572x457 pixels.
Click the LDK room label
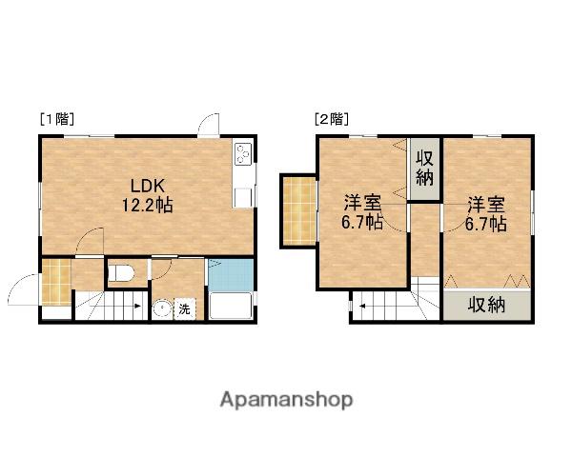(x=148, y=186)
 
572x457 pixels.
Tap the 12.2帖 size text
(x=147, y=206)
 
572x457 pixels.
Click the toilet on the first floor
(x=121, y=273)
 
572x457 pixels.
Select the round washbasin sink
(x=162, y=309)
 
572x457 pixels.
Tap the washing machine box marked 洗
(x=185, y=309)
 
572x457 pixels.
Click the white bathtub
(x=231, y=306)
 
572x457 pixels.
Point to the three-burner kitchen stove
(x=243, y=153)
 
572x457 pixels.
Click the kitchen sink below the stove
(x=243, y=197)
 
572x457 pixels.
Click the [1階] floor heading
(x=57, y=119)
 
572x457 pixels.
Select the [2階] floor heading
(x=332, y=119)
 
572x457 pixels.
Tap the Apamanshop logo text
(x=286, y=400)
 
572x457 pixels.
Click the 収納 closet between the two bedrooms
(x=424, y=169)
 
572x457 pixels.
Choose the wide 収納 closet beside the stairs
(x=487, y=305)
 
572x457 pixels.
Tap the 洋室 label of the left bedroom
(x=363, y=203)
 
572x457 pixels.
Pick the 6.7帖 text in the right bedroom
(x=485, y=223)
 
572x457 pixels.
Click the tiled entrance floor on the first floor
(x=56, y=281)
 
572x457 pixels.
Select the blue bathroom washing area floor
(x=231, y=275)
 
